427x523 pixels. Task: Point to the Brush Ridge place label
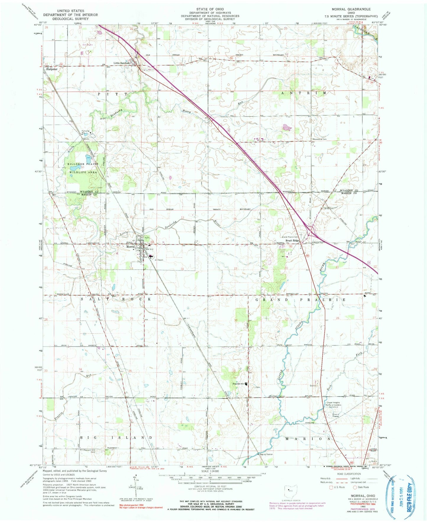294,241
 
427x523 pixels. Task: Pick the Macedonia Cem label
319,139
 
